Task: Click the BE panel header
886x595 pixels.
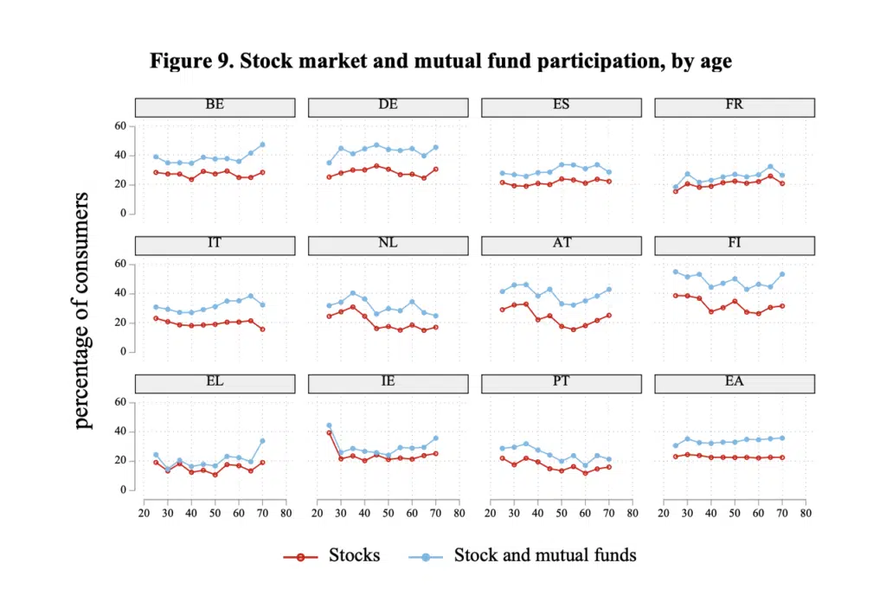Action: click(x=215, y=107)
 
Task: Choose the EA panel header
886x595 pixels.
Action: click(x=735, y=384)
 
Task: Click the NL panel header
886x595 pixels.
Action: click(x=388, y=246)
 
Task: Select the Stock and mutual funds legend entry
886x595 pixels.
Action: click(x=523, y=556)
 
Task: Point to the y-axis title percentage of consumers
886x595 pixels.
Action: click(x=82, y=310)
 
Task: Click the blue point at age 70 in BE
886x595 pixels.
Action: click(x=262, y=144)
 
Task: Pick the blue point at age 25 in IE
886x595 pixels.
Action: click(x=329, y=425)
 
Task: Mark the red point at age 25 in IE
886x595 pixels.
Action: click(x=329, y=432)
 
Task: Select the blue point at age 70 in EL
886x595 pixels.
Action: click(x=262, y=441)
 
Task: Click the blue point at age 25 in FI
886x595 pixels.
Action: click(x=675, y=272)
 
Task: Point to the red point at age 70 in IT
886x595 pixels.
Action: click(x=262, y=329)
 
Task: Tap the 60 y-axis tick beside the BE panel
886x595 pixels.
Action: click(x=120, y=126)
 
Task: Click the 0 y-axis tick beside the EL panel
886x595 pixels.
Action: click(x=123, y=490)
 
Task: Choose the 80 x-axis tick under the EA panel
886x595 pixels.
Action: click(x=806, y=513)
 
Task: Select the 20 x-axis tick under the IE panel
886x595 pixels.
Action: click(x=317, y=513)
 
